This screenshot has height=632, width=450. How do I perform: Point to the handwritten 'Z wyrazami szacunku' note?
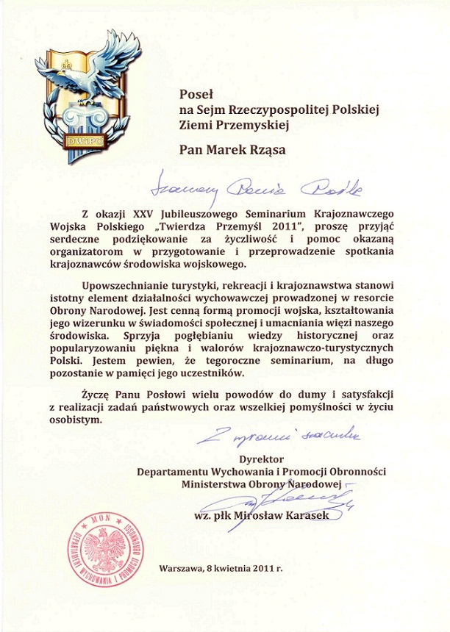[x=277, y=437]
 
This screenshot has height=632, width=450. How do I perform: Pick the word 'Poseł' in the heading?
[x=196, y=93]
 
